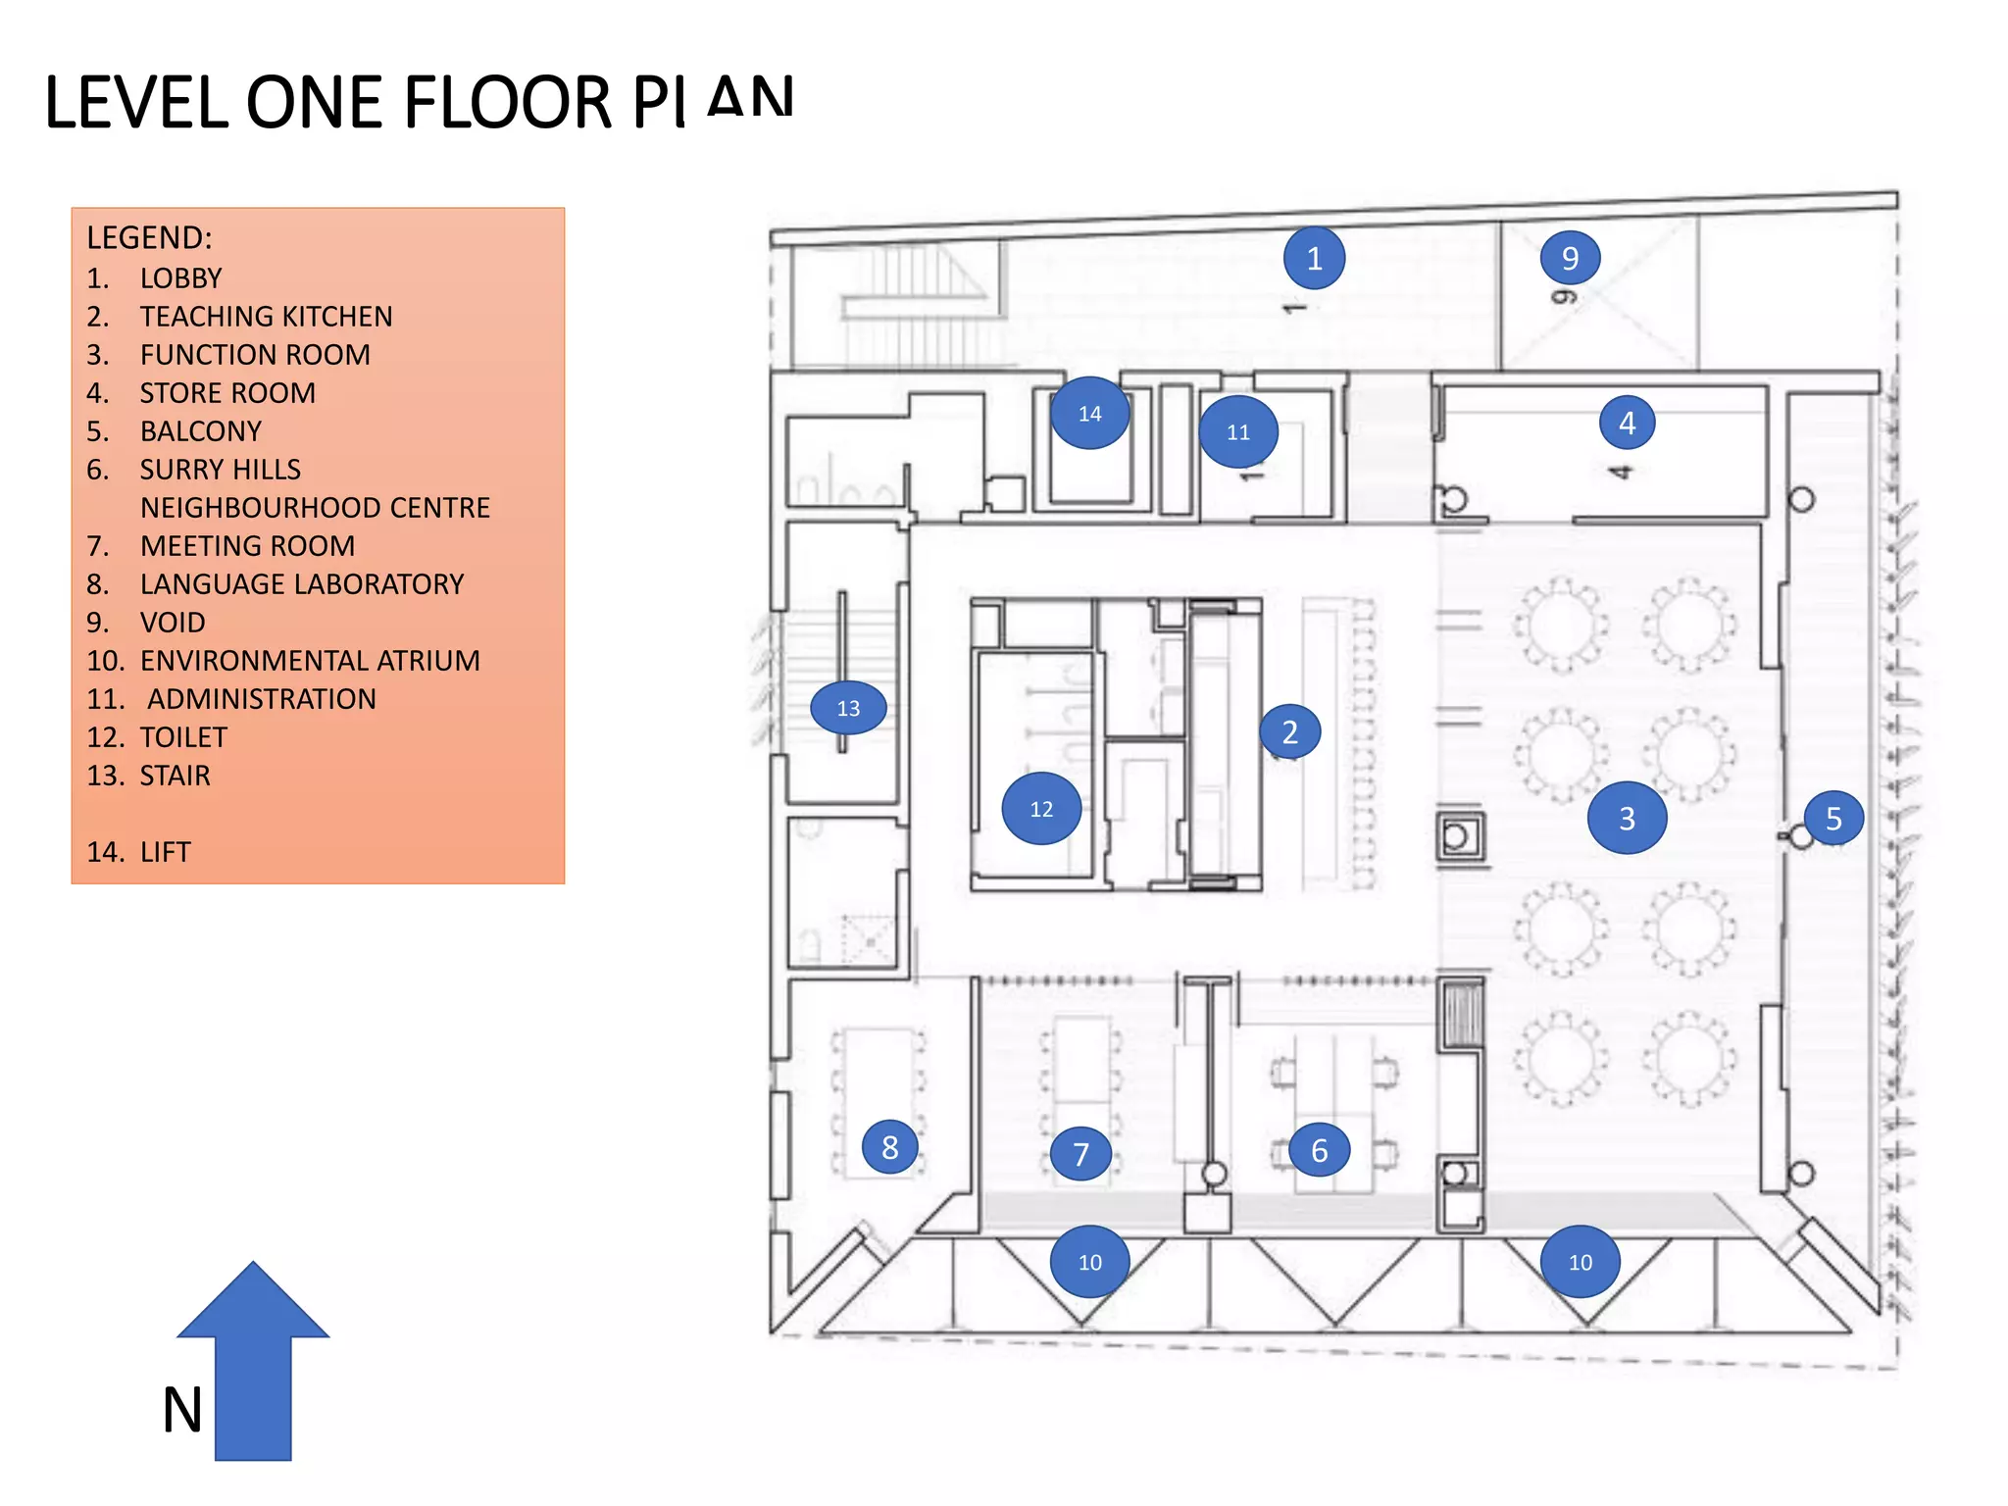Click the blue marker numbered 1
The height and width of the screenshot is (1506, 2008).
point(1314,258)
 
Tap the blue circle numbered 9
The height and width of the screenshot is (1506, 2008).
point(1570,258)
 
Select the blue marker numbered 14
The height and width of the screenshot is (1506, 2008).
point(1089,413)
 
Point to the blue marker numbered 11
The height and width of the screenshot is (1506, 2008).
point(1238,431)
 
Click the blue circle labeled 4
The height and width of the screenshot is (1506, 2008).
point(1627,423)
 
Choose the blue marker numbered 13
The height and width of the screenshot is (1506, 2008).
point(848,708)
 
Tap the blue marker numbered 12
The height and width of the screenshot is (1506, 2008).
point(1041,809)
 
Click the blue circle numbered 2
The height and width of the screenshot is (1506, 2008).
point(1289,731)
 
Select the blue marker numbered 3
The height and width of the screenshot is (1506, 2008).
point(1627,818)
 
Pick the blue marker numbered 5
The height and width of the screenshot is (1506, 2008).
point(1833,818)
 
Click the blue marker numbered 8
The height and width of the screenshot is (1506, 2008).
point(889,1147)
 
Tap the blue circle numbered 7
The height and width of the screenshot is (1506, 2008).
point(1080,1154)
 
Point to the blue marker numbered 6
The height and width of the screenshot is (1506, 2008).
point(1319,1150)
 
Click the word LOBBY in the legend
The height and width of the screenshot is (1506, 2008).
point(180,278)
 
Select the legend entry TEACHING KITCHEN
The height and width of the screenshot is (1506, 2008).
point(266,317)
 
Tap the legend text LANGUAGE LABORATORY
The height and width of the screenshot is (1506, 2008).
point(301,584)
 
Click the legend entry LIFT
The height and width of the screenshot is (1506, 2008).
point(165,852)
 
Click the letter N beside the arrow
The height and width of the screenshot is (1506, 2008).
point(182,1410)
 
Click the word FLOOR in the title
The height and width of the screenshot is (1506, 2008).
point(507,103)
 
